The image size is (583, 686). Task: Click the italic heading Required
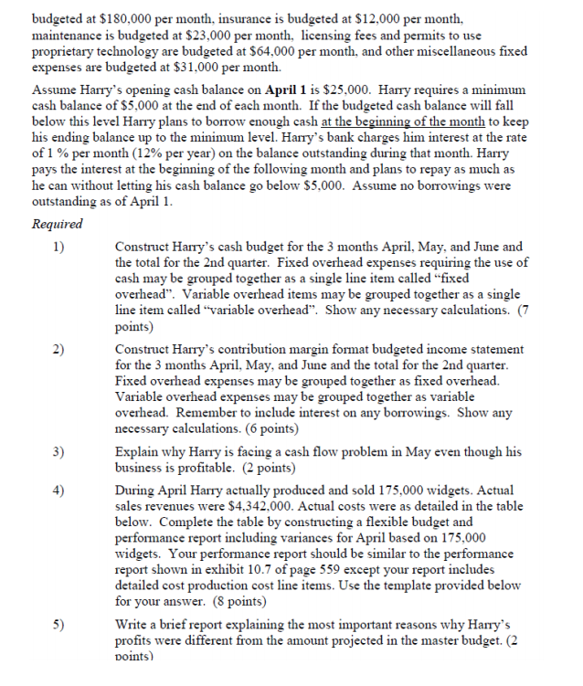tap(57, 225)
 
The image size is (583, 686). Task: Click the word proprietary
tap(67, 51)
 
